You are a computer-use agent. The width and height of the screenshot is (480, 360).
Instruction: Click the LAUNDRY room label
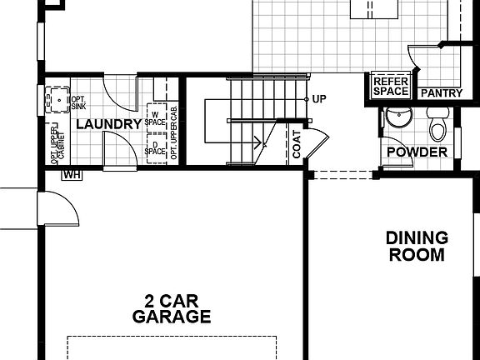(109, 124)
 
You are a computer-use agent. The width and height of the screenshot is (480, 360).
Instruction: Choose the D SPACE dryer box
(156, 150)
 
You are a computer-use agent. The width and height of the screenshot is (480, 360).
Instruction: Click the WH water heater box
(72, 174)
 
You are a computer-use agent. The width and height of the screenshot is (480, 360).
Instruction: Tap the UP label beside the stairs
(319, 99)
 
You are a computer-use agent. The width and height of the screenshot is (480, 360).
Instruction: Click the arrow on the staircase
(260, 140)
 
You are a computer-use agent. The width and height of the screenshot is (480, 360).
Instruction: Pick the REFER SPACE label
(390, 86)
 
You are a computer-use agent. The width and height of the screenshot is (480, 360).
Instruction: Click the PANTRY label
(441, 93)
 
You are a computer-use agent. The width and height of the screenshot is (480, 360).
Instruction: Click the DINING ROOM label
(417, 246)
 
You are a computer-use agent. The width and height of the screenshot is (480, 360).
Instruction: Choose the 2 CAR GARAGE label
(171, 308)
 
